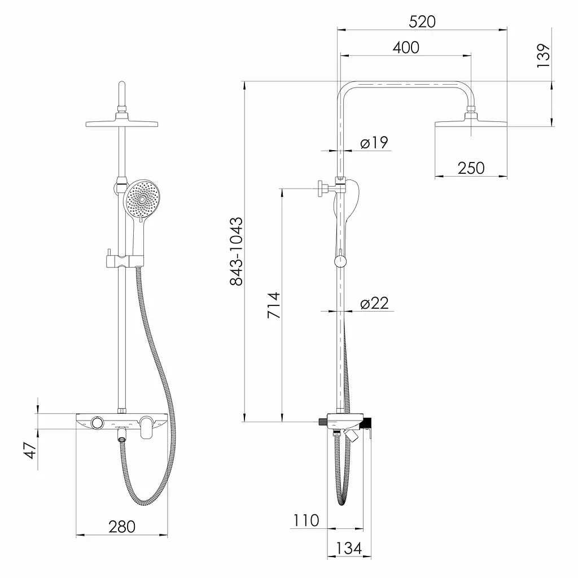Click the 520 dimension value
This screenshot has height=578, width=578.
click(422, 22)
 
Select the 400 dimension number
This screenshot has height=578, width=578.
click(406, 47)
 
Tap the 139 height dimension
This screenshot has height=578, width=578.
click(543, 55)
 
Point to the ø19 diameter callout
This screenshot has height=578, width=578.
click(374, 142)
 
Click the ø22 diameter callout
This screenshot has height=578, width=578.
click(375, 303)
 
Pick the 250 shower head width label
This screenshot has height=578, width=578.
click(471, 168)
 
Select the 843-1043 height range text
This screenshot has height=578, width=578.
click(237, 251)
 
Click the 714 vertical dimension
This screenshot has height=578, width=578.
click(274, 305)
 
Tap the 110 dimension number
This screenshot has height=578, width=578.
click(306, 520)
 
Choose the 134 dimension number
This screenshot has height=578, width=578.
click(349, 548)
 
